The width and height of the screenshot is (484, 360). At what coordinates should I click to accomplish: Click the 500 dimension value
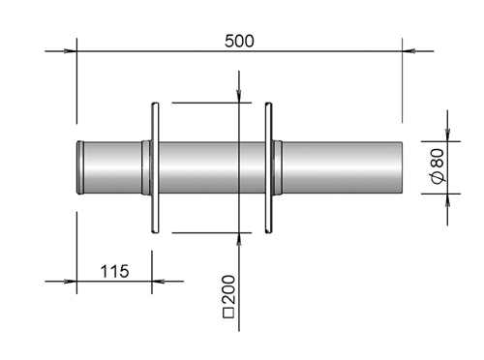(x=239, y=41)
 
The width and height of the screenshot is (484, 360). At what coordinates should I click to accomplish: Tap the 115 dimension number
(x=114, y=271)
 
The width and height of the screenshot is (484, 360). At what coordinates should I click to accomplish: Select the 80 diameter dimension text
(x=439, y=159)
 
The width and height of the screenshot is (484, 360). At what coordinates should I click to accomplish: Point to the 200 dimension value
(x=229, y=289)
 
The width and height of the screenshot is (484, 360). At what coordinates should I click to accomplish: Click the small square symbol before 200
(x=228, y=314)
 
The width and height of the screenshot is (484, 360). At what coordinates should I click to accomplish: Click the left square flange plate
(x=155, y=167)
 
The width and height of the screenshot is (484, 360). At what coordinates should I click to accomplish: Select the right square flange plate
(x=268, y=167)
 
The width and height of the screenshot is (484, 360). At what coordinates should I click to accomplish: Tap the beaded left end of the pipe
(x=80, y=167)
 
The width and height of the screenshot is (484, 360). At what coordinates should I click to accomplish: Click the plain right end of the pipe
(x=402, y=167)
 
